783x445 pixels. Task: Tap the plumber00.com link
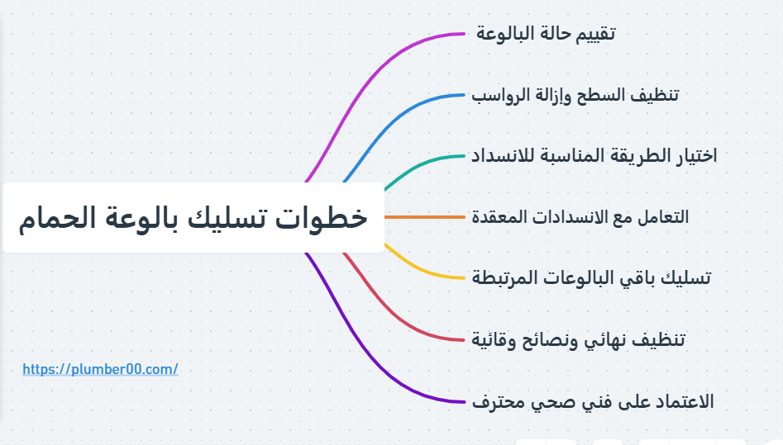coord(100,369)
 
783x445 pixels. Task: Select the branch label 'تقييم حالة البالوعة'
coord(547,34)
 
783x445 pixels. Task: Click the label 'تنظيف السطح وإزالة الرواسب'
coord(575,95)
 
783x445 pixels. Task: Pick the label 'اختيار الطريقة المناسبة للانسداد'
coord(594,155)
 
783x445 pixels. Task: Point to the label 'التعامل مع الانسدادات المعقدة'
coord(580,217)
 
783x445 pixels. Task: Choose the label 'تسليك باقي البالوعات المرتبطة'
coord(590,277)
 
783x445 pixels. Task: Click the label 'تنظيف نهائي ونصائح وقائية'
coord(578,339)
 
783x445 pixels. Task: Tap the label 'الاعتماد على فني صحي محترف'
coord(592,401)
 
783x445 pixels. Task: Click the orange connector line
coord(426,217)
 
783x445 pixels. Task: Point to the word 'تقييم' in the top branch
coord(596,34)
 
